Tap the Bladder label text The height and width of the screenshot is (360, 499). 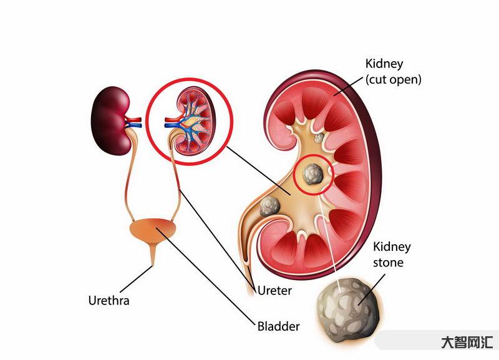pos(278,326)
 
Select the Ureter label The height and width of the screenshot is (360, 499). pos(274,290)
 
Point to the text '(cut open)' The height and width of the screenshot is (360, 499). pos(393,80)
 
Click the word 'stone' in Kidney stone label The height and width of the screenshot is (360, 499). pos(388,263)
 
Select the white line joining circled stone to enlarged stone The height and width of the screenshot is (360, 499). pos(331,237)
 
